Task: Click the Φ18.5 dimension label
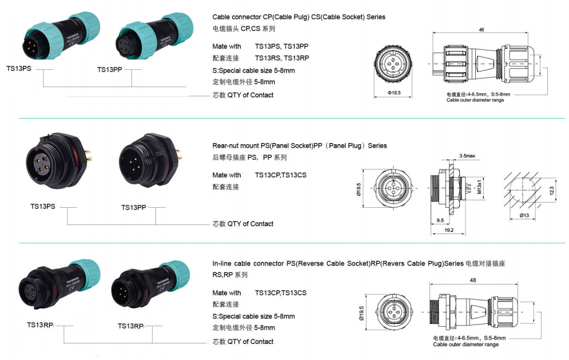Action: tap(394, 93)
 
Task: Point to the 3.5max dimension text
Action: tap(467, 156)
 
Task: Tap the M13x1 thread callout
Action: tap(479, 187)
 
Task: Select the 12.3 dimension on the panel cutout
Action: tap(552, 191)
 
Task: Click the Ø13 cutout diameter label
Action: tap(524, 215)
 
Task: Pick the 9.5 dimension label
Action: tap(440, 220)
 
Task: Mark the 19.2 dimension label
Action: tap(449, 230)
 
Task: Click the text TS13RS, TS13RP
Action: tap(282, 58)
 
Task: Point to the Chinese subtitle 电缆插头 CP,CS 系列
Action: tap(244, 29)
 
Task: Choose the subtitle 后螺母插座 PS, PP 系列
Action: tap(250, 157)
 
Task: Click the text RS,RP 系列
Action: tap(230, 275)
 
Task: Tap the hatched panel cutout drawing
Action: tap(523, 189)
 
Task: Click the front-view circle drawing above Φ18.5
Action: tap(393, 64)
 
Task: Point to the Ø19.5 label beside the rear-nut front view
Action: tap(359, 189)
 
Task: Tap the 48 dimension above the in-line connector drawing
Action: tap(473, 280)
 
